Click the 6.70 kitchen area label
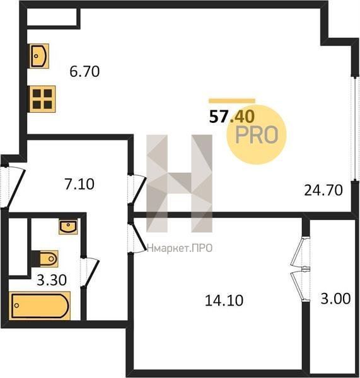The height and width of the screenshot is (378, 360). (84, 72)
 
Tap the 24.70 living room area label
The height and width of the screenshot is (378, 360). (323, 190)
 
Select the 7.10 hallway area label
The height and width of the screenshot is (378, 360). (79, 184)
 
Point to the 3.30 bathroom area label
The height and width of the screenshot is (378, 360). (52, 280)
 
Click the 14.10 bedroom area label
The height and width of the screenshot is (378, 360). (224, 301)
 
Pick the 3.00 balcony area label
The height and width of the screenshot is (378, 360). (335, 299)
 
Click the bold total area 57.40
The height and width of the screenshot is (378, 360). (232, 117)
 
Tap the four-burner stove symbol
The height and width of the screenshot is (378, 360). (42, 99)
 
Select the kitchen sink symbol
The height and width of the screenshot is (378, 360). (40, 56)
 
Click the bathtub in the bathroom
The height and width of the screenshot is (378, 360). (40, 306)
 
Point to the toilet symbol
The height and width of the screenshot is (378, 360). (45, 259)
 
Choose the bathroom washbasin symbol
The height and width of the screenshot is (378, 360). (68, 227)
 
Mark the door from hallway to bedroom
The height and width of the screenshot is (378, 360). (137, 238)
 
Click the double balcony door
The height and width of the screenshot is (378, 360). (300, 268)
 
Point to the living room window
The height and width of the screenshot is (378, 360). (355, 129)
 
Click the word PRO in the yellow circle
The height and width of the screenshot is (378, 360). (257, 135)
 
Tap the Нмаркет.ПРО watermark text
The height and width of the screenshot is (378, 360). (180, 248)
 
